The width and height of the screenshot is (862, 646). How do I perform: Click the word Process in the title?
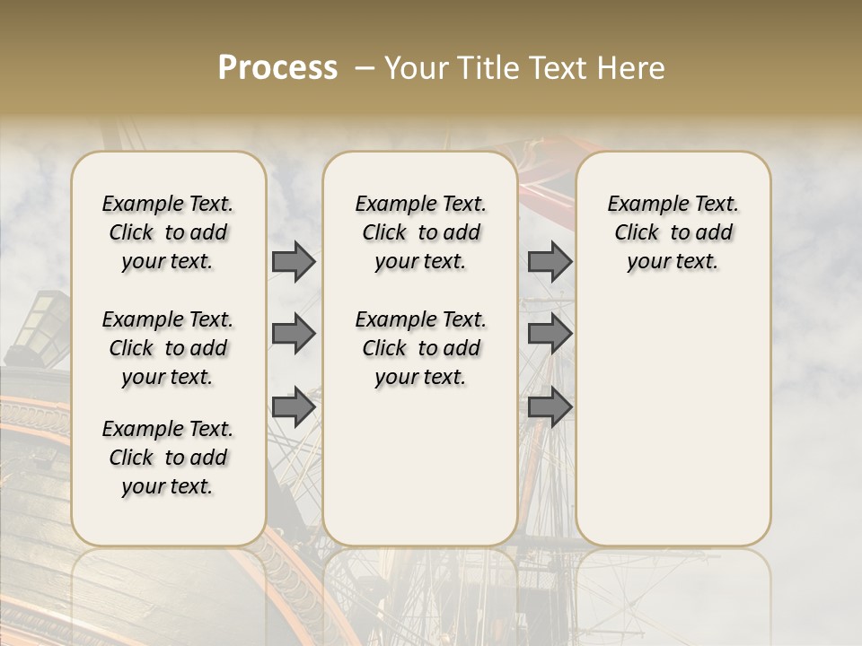pos(277,68)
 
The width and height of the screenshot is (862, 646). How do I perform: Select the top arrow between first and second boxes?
pos(293,262)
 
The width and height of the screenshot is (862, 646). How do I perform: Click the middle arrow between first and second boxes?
pos(293,334)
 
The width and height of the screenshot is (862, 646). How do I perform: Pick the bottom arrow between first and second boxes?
pos(293,406)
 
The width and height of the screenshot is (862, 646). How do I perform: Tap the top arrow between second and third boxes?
pos(550,262)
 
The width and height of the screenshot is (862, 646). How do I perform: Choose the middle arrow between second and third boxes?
pos(550,334)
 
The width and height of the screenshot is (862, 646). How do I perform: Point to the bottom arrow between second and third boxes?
pos(550,406)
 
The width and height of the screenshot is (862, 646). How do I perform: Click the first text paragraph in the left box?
pos(168,232)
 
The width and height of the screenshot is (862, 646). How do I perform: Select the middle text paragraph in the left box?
pos(168,348)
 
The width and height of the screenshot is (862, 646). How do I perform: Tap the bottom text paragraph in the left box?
pos(168,458)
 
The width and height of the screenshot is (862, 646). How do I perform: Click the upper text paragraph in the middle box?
pos(420,232)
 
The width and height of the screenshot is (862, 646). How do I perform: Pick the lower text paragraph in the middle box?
pos(420,348)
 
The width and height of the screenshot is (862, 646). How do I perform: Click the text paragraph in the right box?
pos(673,232)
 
